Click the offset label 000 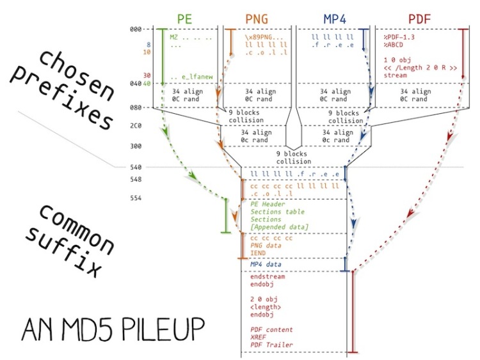(x=134, y=29)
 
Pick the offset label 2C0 (x=134, y=127)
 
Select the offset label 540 (x=134, y=168)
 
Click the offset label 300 (x=134, y=146)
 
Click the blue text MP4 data (x=266, y=264)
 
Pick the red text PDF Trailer (x=271, y=345)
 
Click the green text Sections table (x=277, y=212)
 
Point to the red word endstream (x=268, y=277)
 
